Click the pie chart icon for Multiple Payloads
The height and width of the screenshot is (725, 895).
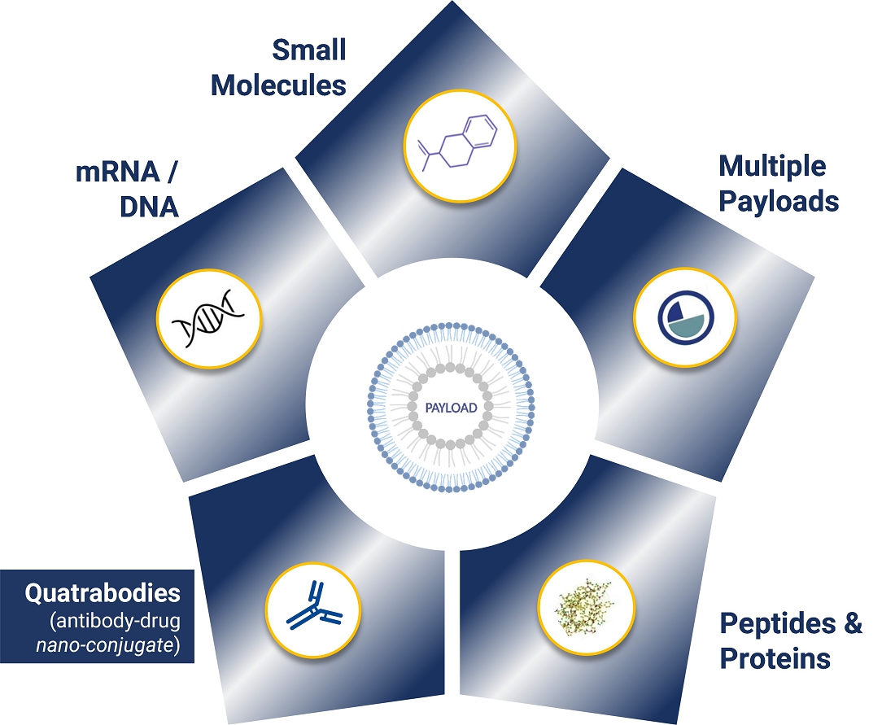(685, 318)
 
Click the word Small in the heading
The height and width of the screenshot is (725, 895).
(308, 50)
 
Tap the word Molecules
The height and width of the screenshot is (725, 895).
(278, 85)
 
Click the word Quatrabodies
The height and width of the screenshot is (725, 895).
(103, 593)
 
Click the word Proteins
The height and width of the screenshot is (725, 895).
(775, 657)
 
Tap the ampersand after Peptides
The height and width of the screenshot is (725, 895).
(852, 624)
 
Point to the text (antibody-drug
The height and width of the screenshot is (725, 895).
(114, 620)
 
